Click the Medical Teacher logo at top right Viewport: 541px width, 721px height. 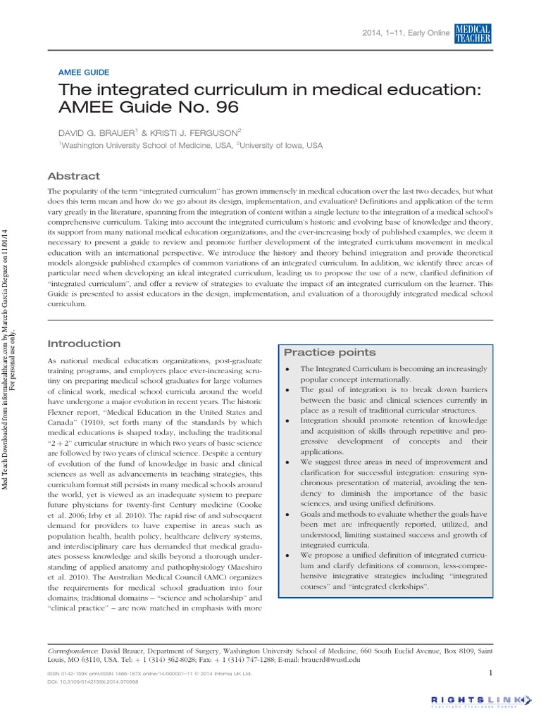click(473, 33)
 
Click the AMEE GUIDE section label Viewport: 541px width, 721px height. click(83, 72)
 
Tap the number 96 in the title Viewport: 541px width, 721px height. click(225, 107)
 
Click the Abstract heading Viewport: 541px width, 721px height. click(73, 176)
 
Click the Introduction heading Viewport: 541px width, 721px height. click(83, 344)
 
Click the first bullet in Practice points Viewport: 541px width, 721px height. click(289, 370)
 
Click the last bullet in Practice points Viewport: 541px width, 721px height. click(289, 556)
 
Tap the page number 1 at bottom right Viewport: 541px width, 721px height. click(490, 673)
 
